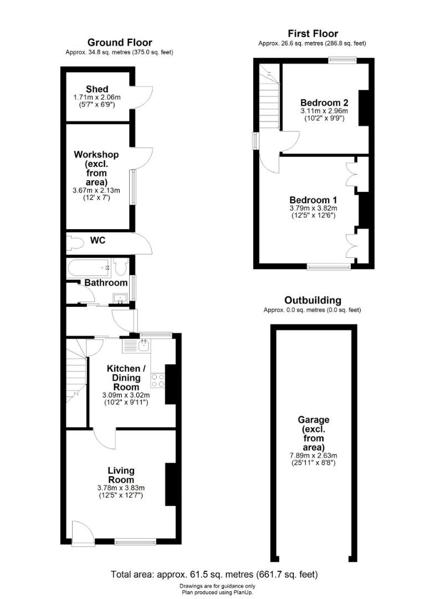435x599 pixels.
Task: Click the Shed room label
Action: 97,89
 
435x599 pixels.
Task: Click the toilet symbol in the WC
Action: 74,242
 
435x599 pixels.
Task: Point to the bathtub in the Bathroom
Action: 89,268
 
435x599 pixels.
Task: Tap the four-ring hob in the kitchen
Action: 157,380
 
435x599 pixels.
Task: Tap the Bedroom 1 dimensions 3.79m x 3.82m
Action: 313,208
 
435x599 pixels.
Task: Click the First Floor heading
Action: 313,34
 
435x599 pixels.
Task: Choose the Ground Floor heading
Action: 120,43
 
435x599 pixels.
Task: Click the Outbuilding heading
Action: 313,300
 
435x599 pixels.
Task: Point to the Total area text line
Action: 214,574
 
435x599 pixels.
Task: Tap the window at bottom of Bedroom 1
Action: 329,267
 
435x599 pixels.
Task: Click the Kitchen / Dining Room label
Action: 126,377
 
